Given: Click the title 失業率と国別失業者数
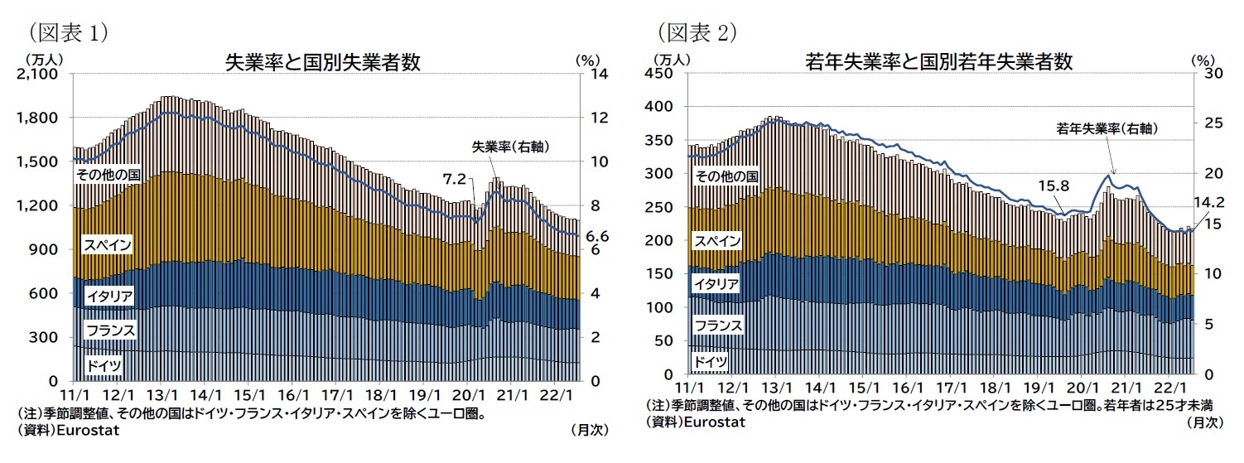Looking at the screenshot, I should coord(323,62).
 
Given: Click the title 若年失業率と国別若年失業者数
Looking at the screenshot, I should coord(939,62).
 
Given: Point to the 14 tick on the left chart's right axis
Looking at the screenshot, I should coord(598,75).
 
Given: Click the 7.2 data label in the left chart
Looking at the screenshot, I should coord(455,178).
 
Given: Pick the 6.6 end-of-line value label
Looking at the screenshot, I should coord(598,237).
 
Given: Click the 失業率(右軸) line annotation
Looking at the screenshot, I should coord(511,147).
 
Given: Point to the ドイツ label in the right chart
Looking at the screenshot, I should coord(711,361).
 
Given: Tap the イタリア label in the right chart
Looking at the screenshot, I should coord(717,284).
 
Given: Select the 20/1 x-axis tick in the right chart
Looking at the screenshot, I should coord(1082,388).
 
